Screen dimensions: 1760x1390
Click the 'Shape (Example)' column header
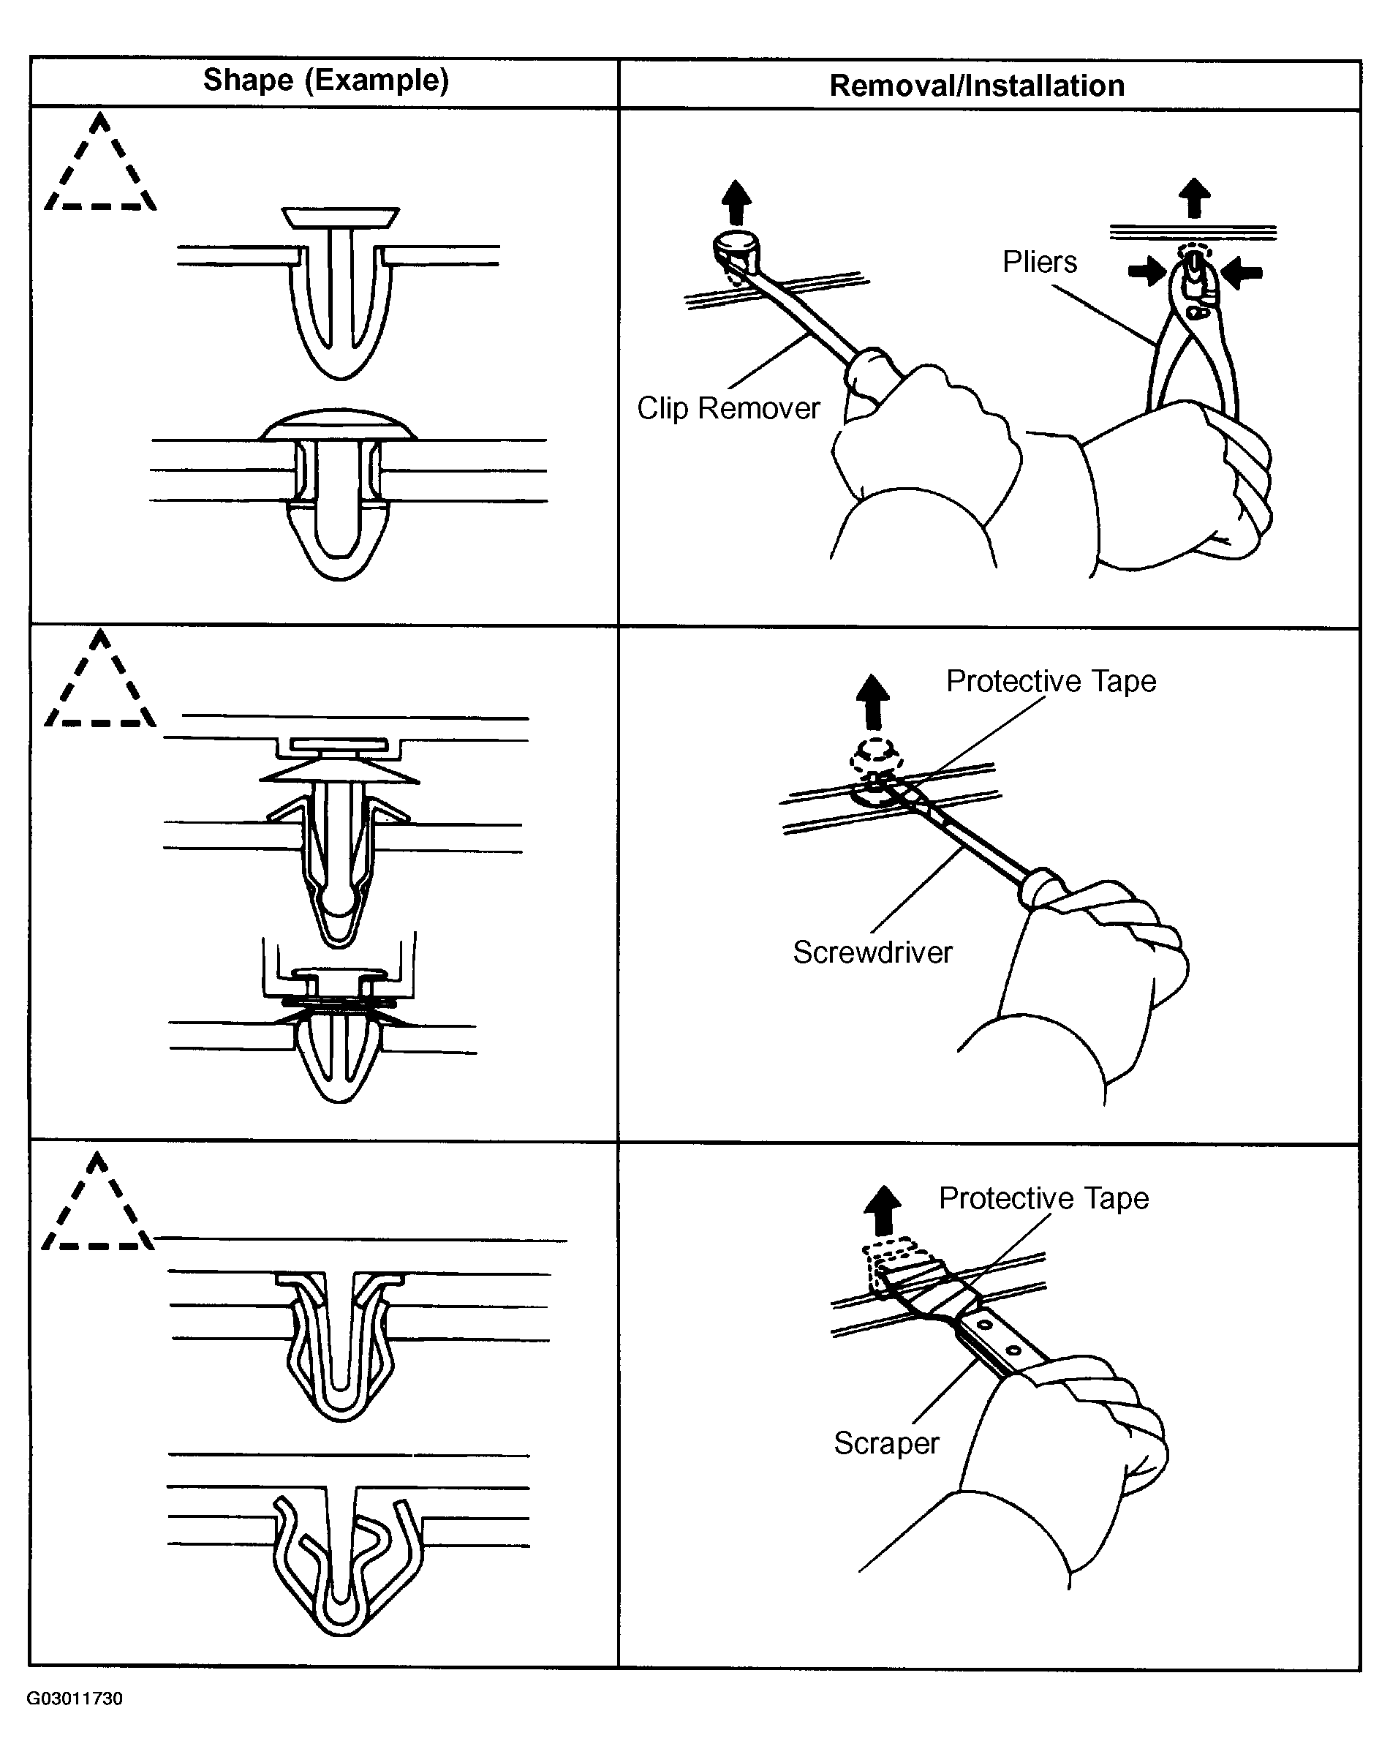[x=325, y=80]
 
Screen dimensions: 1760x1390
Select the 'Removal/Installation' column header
[x=977, y=86]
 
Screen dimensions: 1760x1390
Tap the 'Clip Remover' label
[x=728, y=408]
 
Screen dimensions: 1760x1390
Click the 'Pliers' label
[x=1039, y=262]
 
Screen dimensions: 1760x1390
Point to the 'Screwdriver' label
[x=872, y=952]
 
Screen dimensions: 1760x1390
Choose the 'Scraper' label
[x=886, y=1443]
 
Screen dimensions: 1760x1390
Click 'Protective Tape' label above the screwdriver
[x=1051, y=680]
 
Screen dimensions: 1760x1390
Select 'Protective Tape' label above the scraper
[x=1043, y=1197]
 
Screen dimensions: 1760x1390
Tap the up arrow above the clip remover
[x=736, y=202]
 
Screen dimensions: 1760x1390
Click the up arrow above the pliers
[x=1194, y=198]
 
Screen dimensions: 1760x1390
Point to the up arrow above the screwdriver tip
[x=873, y=702]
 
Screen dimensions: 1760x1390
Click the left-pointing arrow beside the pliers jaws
[x=1243, y=272]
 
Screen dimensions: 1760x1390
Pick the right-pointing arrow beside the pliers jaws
[x=1147, y=272]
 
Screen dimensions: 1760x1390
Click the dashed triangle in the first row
[x=100, y=167]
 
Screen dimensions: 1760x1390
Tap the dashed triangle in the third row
[x=98, y=1206]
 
